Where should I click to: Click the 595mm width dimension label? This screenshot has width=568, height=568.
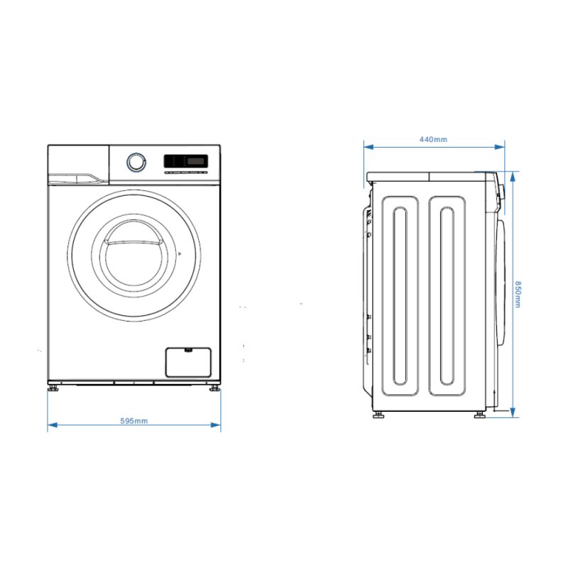point(134,421)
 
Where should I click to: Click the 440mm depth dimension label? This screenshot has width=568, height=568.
point(433,139)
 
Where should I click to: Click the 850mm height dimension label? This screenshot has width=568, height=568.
point(518,294)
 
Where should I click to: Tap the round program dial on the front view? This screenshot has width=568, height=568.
point(136,162)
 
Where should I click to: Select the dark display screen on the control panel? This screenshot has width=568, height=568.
point(197,161)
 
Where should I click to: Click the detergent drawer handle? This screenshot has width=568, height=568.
point(78,178)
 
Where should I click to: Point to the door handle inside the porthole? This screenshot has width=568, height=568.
point(133,242)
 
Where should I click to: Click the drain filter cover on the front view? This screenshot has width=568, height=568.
point(188,362)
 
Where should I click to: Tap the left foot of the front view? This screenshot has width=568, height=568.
point(54,388)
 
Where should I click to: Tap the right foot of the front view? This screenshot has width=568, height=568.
point(214,388)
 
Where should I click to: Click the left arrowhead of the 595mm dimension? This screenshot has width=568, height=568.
point(53,425)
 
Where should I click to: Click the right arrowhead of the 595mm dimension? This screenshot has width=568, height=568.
point(216,425)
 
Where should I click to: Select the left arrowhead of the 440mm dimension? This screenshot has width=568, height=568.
point(368,147)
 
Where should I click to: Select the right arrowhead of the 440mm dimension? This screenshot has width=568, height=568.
point(500,147)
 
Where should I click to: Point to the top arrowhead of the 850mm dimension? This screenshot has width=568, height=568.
point(513,177)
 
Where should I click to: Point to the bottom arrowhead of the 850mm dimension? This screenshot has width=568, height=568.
point(513,413)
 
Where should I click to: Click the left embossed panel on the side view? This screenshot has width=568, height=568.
point(400,296)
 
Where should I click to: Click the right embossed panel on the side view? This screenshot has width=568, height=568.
point(447,296)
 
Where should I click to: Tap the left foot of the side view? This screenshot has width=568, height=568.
point(379,415)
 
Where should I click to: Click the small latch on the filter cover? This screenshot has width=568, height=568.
point(188,349)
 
